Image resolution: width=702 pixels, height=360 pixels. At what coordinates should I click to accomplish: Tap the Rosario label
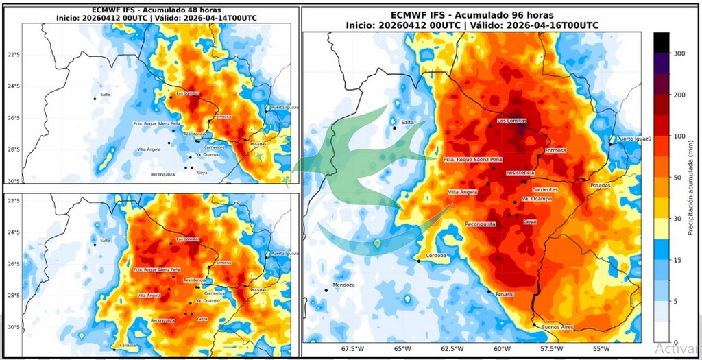click(503, 294)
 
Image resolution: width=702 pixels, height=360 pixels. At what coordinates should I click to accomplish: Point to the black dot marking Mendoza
click(326, 289)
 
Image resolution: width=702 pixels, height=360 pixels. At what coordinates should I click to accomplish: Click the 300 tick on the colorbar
click(680, 53)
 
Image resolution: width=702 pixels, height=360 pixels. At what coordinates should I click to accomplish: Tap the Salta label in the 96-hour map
click(407, 122)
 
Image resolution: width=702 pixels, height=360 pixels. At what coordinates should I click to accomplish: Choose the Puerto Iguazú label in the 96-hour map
click(634, 139)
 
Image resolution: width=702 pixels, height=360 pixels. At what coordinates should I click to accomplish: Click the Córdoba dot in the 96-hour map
click(418, 261)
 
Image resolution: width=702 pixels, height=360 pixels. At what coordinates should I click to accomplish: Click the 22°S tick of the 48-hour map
click(12, 55)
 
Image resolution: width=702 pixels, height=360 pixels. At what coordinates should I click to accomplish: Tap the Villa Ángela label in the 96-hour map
click(463, 192)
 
